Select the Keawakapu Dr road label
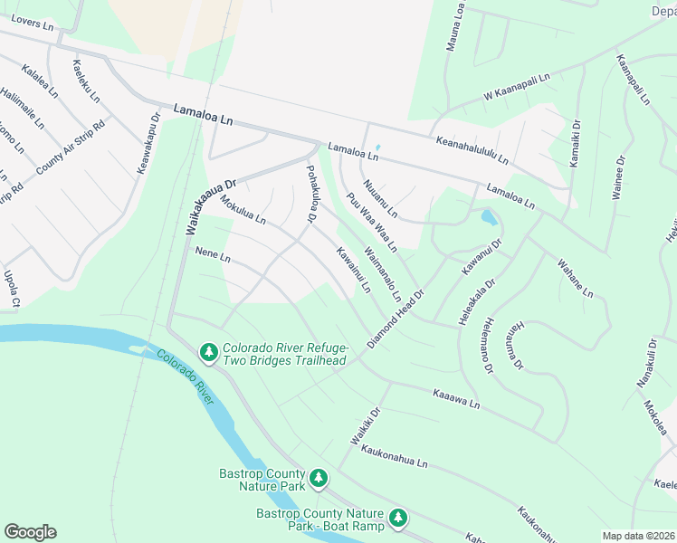(148, 144)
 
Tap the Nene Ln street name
(213, 258)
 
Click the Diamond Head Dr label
(396, 320)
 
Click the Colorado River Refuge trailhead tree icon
(208, 351)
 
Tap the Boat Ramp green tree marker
(399, 519)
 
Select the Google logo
(30, 532)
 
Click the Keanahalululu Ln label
(472, 148)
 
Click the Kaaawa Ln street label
(455, 398)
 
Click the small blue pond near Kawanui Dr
(489, 218)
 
